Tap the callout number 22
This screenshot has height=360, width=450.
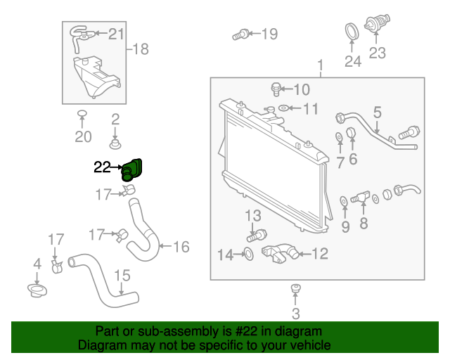[x=103, y=167]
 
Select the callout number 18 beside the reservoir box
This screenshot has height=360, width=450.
[x=141, y=49]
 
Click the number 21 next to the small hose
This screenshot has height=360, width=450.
[x=116, y=33]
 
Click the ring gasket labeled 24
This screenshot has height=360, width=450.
[x=351, y=32]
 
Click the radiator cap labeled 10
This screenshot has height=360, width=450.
[x=276, y=89]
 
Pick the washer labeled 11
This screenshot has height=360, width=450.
[x=283, y=108]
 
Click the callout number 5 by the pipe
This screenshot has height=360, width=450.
[x=377, y=112]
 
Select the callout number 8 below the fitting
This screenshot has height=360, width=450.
[x=364, y=224]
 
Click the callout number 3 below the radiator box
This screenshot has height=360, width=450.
[x=295, y=313]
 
